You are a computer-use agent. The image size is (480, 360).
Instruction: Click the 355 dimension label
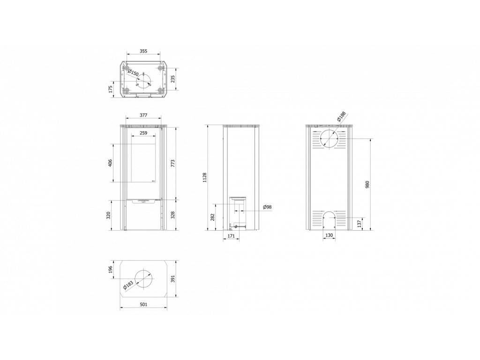pyautogui.click(x=143, y=51)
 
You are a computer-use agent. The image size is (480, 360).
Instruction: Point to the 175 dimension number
pyautogui.click(x=111, y=89)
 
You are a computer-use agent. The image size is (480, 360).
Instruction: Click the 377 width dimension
pyautogui.click(x=143, y=115)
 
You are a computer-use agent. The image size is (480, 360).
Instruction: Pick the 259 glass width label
pyautogui.click(x=143, y=133)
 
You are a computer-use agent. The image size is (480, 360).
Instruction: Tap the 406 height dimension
pyautogui.click(x=111, y=163)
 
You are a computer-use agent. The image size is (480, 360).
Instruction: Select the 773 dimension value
pyautogui.click(x=172, y=163)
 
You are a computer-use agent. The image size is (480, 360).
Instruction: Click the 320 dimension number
pyautogui.click(x=108, y=215)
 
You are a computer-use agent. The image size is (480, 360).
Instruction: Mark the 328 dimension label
pyautogui.click(x=172, y=215)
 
